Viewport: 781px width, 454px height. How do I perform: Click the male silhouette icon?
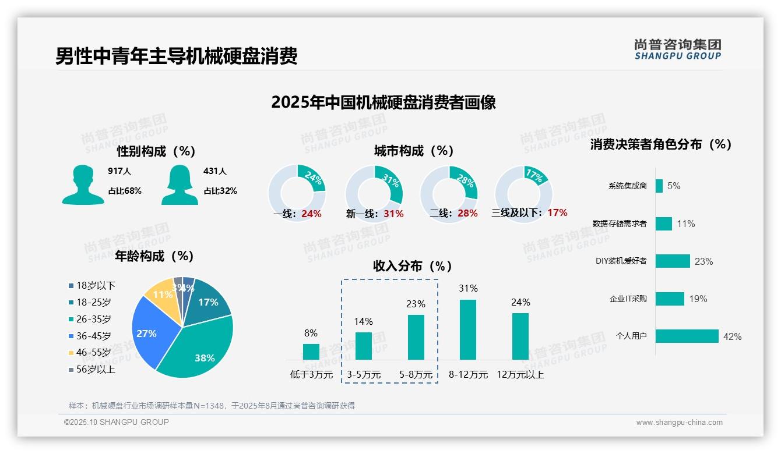click(x=83, y=185)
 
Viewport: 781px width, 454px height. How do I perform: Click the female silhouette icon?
click(x=180, y=185)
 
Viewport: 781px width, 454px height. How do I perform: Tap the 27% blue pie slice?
click(x=149, y=332)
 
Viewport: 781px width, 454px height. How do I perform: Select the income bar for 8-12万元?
click(x=468, y=329)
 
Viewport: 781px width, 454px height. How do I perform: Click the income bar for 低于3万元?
click(x=311, y=352)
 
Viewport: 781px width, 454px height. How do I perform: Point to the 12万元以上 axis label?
click(x=520, y=375)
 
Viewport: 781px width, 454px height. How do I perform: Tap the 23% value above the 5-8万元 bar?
click(x=416, y=304)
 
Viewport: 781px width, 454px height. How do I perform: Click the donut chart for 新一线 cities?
click(x=374, y=194)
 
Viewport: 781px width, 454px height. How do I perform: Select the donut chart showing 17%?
click(x=523, y=194)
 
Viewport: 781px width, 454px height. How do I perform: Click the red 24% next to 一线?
click(x=311, y=214)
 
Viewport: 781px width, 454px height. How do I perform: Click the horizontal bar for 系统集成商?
click(x=659, y=186)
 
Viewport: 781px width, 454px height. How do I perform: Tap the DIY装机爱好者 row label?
click(x=621, y=261)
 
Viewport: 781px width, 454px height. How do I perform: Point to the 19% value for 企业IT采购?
click(x=698, y=299)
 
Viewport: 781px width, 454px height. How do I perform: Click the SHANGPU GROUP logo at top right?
click(x=677, y=49)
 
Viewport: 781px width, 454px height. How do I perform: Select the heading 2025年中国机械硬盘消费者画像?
click(x=383, y=102)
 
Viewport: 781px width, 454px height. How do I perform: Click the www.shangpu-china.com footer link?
click(x=679, y=423)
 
